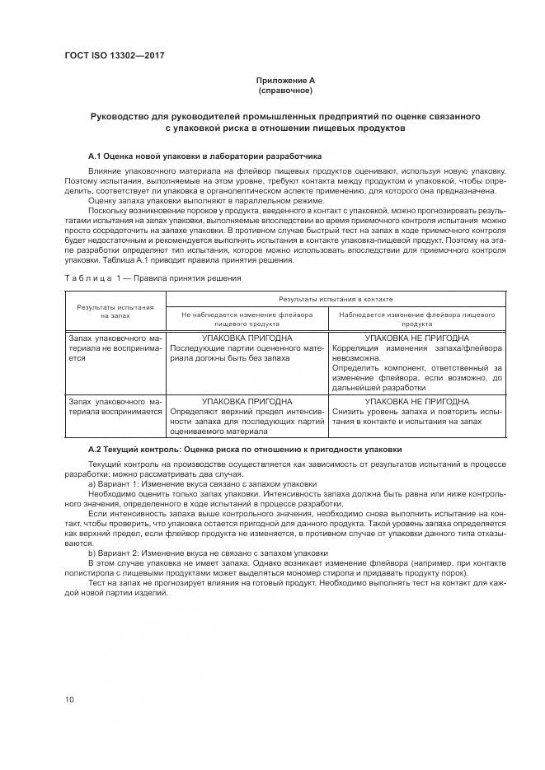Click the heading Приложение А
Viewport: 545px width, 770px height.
[285, 80]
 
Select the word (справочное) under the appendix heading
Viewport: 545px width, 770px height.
[285, 90]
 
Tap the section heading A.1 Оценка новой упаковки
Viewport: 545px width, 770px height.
[199, 156]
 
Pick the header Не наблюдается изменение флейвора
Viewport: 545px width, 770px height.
[247, 319]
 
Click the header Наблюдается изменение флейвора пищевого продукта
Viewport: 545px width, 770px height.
[416, 319]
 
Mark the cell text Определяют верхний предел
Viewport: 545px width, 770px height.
[247, 410]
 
